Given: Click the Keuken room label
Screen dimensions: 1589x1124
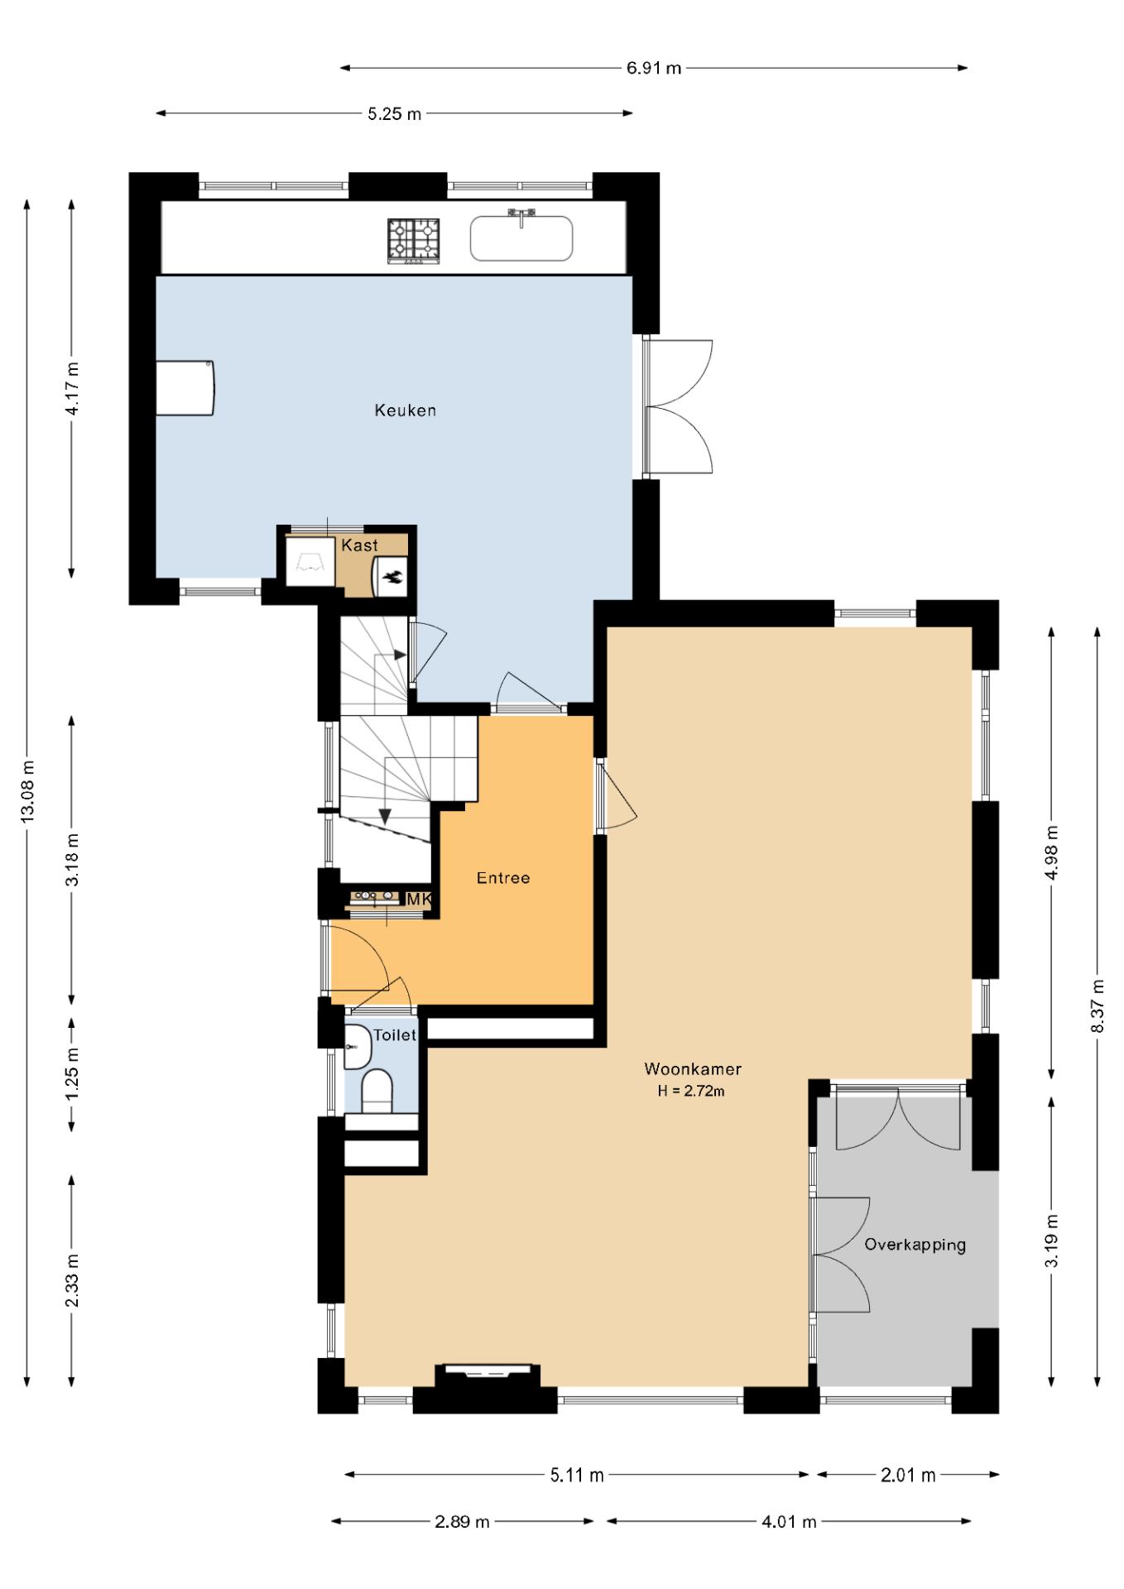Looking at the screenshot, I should (x=405, y=410).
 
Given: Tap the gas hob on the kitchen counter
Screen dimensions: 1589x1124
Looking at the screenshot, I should (x=413, y=241).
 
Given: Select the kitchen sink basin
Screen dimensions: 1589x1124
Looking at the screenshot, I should (x=521, y=239).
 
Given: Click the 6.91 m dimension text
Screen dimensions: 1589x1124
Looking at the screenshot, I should (x=653, y=68).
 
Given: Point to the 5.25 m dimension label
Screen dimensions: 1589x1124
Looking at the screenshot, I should (x=394, y=113).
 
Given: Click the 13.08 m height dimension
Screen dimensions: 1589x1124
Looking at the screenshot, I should (x=27, y=790).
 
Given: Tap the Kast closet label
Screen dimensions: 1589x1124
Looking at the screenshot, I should (x=359, y=545).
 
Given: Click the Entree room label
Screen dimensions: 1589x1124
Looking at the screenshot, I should (x=502, y=878).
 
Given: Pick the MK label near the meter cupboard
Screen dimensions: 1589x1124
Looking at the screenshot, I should (x=419, y=899).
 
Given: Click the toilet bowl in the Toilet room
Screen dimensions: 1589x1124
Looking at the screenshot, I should (x=377, y=1091).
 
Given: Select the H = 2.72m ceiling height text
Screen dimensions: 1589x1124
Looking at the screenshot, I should (x=691, y=1091).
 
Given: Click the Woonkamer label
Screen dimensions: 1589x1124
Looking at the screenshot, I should (x=693, y=1069).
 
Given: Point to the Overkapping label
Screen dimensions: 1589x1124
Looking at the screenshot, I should (x=915, y=1245).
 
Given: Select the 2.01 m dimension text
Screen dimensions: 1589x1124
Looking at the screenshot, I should (x=908, y=1475).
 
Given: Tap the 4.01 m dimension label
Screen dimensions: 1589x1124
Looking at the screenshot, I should (x=789, y=1521).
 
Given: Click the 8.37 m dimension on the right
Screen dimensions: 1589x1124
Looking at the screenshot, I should (x=1098, y=1006).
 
